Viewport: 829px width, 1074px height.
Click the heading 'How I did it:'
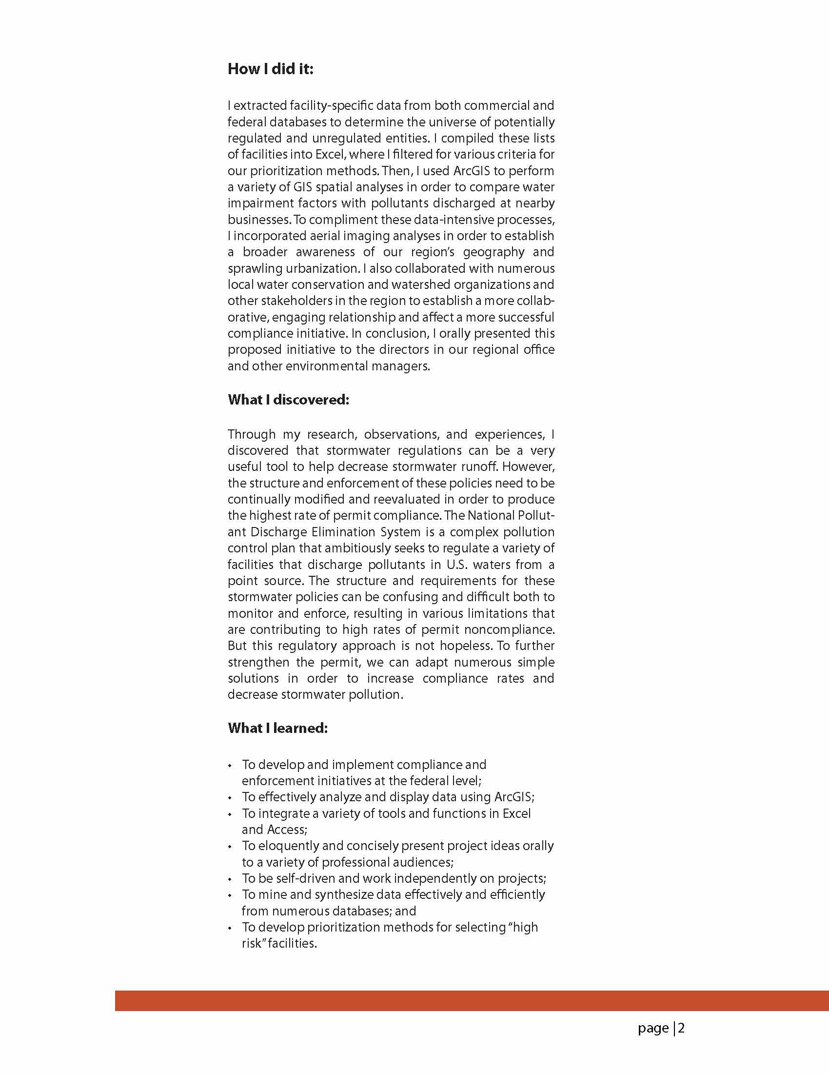tap(270, 69)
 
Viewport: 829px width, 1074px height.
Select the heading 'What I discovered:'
tap(289, 400)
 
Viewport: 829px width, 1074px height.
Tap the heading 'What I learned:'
tap(277, 728)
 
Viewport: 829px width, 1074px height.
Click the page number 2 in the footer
tap(682, 1028)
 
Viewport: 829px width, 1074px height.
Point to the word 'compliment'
tap(335, 220)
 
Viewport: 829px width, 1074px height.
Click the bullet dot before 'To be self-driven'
tap(230, 879)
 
